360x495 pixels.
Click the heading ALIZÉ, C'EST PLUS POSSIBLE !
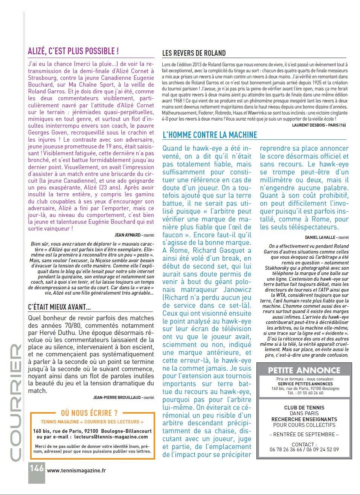pos(73,51)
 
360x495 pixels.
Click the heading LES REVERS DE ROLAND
pos(194,53)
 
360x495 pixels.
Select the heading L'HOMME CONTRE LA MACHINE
pos(210,135)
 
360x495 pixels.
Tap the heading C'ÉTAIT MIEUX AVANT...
pos(59,307)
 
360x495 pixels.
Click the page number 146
pos(37,468)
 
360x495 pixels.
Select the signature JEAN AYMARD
pos(127,235)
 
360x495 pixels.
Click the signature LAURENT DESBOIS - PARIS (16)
pos(319,125)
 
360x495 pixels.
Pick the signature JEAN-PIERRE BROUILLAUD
pos(117,397)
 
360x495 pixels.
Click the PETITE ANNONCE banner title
pos(304,370)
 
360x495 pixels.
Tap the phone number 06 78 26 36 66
pos(285,449)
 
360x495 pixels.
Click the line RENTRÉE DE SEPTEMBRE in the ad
pos(304,434)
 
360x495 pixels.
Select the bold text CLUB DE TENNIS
pos(304,407)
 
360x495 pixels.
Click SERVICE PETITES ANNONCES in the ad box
pos(305,384)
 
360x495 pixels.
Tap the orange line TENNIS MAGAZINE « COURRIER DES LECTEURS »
pos(92,422)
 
